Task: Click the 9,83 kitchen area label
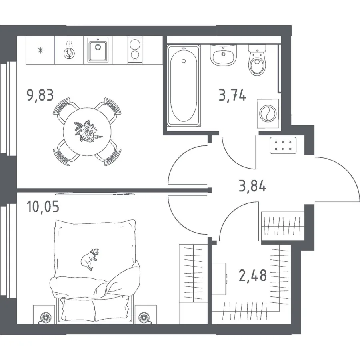[40, 95]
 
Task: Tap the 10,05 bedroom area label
[43, 207]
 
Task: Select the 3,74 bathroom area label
[232, 95]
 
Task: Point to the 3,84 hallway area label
[252, 186]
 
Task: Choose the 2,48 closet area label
[253, 276]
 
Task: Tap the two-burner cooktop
[135, 50]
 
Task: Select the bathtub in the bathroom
[184, 86]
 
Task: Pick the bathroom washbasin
[223, 55]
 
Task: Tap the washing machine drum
[268, 114]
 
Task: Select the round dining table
[87, 132]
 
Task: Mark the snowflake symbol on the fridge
[40, 50]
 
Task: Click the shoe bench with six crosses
[283, 145]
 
